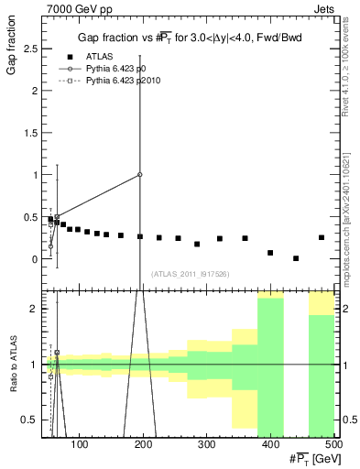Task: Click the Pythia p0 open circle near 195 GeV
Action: (140, 174)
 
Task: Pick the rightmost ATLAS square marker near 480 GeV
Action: (322, 237)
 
